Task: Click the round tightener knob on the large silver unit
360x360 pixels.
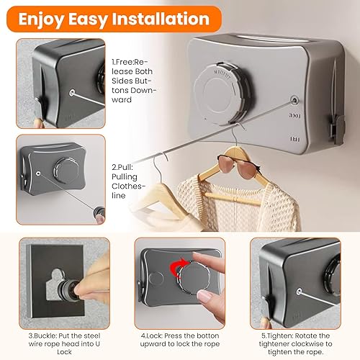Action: click(x=222, y=94)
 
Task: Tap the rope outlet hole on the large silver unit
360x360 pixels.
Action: click(x=294, y=100)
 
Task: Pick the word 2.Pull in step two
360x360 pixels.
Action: click(x=122, y=167)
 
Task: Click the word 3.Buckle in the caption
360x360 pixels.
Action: click(x=42, y=336)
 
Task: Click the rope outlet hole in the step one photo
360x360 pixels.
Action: click(x=72, y=93)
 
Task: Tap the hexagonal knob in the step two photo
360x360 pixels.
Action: click(x=66, y=171)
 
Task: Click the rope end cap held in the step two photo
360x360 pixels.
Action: click(x=99, y=212)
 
